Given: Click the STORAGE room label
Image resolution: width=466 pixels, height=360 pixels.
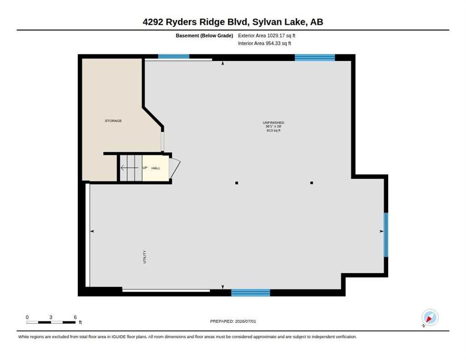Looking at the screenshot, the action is pyautogui.click(x=113, y=120).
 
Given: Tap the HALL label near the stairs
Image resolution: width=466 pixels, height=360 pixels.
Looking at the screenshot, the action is pyautogui.click(x=156, y=168).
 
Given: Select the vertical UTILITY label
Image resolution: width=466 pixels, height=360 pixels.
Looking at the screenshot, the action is pyautogui.click(x=144, y=256).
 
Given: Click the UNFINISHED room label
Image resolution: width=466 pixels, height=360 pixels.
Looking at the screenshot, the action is pyautogui.click(x=273, y=122).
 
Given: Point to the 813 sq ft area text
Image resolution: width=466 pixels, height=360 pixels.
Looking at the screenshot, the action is pyautogui.click(x=273, y=130).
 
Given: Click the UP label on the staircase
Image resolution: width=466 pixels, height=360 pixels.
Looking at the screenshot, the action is pyautogui.click(x=145, y=168).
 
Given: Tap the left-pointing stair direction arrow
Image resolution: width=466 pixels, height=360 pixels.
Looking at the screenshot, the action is pyautogui.click(x=129, y=168).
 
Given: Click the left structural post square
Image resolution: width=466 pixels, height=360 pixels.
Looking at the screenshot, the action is pyautogui.click(x=237, y=183).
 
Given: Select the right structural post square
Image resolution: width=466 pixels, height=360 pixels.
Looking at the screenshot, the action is pyautogui.click(x=311, y=183).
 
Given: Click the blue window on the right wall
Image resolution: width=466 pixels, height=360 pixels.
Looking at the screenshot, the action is pyautogui.click(x=386, y=235).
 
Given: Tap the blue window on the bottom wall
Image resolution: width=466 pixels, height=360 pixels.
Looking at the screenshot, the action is pyautogui.click(x=250, y=293).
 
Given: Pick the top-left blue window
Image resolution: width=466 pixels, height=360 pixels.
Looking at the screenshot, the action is pyautogui.click(x=173, y=56).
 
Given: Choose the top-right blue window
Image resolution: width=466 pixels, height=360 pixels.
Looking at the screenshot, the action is pyautogui.click(x=315, y=57).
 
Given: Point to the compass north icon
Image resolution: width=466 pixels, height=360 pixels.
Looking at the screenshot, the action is pyautogui.click(x=430, y=317).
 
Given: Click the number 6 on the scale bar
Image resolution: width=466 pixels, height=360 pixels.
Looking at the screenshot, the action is pyautogui.click(x=75, y=317).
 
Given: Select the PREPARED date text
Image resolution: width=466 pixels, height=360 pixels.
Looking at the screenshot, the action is pyautogui.click(x=233, y=321).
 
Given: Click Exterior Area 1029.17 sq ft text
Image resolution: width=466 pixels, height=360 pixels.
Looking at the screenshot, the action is pyautogui.click(x=267, y=36).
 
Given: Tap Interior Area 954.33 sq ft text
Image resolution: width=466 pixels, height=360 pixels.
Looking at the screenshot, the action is pyautogui.click(x=264, y=44).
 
